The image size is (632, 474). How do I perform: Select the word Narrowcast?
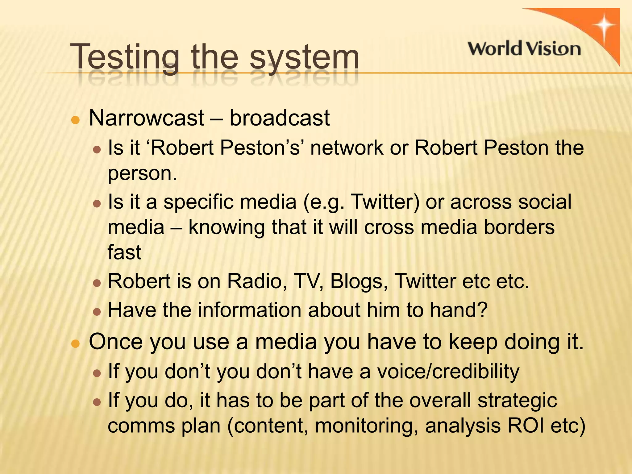click(x=146, y=118)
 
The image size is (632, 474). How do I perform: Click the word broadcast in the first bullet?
click(x=280, y=118)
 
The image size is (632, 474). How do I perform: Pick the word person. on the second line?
click(x=142, y=174)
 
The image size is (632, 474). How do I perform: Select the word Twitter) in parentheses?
click(x=385, y=202)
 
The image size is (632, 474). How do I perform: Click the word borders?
click(x=519, y=227)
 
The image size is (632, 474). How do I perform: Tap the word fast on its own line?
click(x=124, y=252)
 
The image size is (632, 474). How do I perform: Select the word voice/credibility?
click(x=448, y=372)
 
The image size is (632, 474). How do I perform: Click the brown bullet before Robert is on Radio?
click(x=97, y=283)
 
